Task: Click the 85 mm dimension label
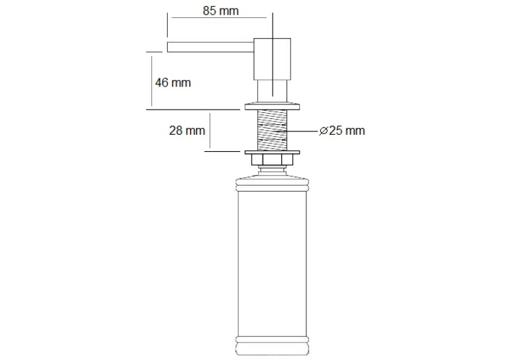click(x=220, y=11)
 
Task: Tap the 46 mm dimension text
click(x=173, y=83)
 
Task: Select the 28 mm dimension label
click(x=187, y=131)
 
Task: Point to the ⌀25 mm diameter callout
click(x=342, y=131)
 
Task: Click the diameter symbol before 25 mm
click(x=323, y=131)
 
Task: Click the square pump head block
click(x=273, y=59)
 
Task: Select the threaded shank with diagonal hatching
click(x=273, y=130)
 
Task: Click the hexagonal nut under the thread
click(x=272, y=160)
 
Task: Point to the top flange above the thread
click(x=273, y=106)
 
